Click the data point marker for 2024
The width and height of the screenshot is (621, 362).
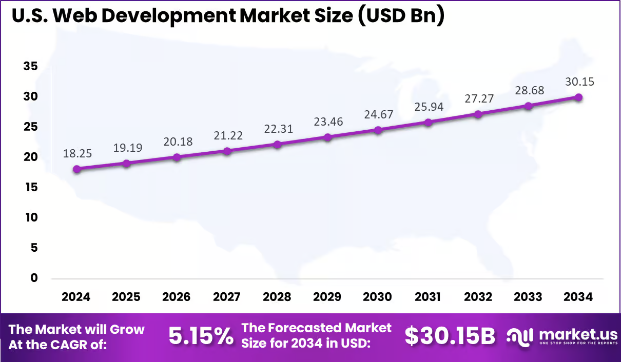(x=76, y=169)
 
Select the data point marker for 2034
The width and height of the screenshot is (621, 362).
(x=578, y=97)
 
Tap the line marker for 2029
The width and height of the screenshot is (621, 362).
(x=327, y=137)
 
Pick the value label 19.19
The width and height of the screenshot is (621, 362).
(x=127, y=148)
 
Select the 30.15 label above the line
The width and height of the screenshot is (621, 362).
(x=578, y=82)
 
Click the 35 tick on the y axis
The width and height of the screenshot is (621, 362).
(x=30, y=66)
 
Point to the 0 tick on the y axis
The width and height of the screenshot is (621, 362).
(x=33, y=278)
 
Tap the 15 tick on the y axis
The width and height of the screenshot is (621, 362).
(x=30, y=187)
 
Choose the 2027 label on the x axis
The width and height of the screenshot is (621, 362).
(x=227, y=297)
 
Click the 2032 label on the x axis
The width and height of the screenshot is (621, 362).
(x=478, y=297)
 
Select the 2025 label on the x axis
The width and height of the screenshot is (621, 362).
(x=127, y=297)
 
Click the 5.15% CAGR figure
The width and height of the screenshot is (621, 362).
(x=201, y=336)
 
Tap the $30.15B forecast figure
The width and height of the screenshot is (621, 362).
(x=450, y=336)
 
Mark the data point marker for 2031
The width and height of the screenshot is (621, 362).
(x=428, y=122)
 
